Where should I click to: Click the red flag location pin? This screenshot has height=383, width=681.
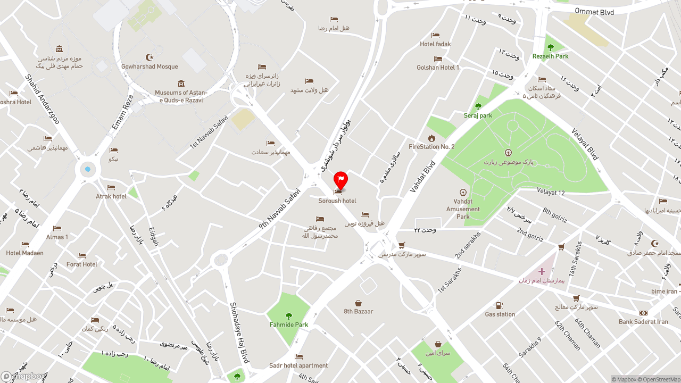tap(340, 180)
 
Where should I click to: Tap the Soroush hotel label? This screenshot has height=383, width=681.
tap(337, 201)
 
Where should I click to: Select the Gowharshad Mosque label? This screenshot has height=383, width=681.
tap(150, 66)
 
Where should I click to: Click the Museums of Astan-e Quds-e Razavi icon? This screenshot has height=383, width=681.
tap(181, 84)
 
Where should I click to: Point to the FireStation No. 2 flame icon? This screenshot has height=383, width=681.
tap(431, 138)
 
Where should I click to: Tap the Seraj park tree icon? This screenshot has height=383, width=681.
tap(478, 106)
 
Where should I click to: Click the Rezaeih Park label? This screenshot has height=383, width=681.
tap(550, 56)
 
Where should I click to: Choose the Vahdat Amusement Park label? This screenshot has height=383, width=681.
tap(463, 209)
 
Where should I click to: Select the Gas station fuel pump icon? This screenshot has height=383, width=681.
tap(500, 305)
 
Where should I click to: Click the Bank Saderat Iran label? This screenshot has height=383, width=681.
tap(643, 322)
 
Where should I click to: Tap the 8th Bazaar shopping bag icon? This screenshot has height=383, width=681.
tap(359, 303)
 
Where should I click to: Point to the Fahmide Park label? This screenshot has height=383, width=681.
tap(288, 324)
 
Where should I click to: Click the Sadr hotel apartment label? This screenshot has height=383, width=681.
tap(298, 365)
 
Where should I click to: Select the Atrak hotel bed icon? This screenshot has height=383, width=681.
tap(111, 187)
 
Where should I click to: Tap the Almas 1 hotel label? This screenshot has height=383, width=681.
tap(57, 237)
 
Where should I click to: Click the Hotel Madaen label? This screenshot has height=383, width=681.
tap(24, 253)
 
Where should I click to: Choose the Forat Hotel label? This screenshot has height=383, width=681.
tap(82, 264)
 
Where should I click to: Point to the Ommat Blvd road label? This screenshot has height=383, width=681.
tap(594, 12)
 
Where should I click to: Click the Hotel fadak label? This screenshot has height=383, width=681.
tap(435, 44)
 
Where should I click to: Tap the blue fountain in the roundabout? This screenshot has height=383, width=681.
tap(88, 170)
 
